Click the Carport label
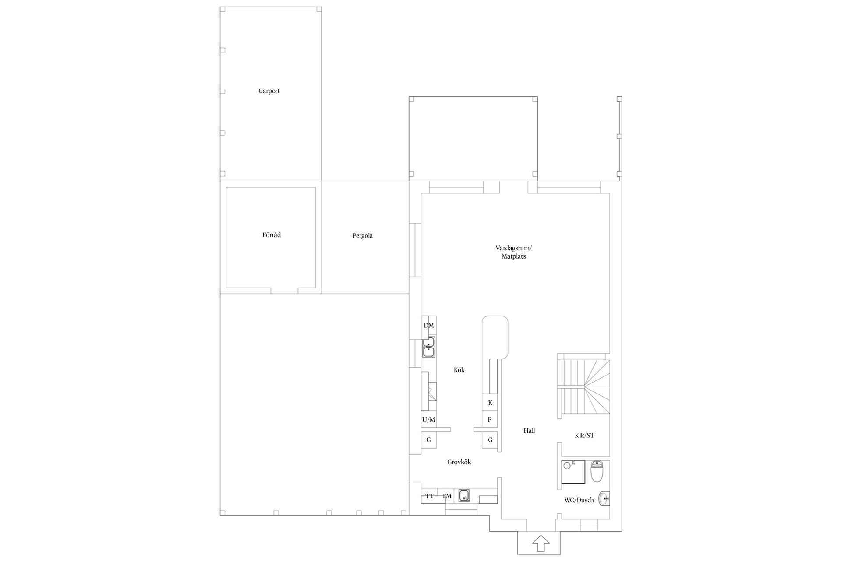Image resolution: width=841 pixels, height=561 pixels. (x=269, y=91)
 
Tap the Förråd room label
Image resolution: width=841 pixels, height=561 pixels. (x=272, y=235)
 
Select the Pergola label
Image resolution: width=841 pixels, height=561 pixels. (x=363, y=236)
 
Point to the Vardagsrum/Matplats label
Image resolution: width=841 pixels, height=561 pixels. (x=514, y=252)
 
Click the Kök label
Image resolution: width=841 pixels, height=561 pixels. (x=459, y=370)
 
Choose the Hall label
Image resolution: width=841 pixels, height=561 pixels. (x=529, y=430)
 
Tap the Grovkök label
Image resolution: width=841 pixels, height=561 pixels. (x=459, y=462)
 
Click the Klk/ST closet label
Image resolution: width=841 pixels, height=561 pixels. (x=584, y=435)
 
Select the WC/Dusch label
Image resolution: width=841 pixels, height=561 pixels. (x=579, y=500)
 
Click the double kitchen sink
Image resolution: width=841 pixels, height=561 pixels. (x=428, y=347)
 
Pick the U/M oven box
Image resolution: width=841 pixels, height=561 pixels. (x=429, y=419)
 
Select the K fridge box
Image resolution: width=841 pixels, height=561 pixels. (x=490, y=402)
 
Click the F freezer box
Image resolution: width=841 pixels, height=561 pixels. (x=490, y=420)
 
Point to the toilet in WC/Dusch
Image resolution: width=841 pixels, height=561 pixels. (x=597, y=471)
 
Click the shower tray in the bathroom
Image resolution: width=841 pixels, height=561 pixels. (x=573, y=472)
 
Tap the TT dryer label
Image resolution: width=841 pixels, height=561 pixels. (x=430, y=496)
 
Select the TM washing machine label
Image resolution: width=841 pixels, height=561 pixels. (x=446, y=496)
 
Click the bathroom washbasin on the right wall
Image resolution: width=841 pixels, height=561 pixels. (x=604, y=498)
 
